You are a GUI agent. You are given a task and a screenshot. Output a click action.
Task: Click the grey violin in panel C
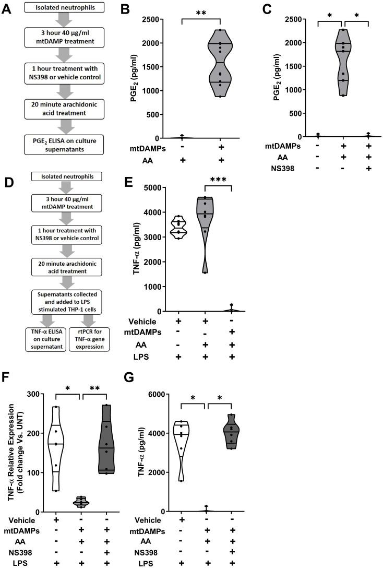(343, 63)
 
